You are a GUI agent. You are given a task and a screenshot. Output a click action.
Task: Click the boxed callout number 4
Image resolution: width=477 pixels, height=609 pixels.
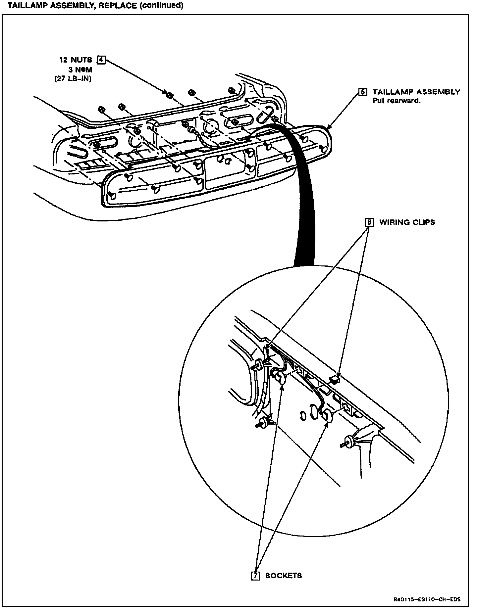pyautogui.click(x=101, y=60)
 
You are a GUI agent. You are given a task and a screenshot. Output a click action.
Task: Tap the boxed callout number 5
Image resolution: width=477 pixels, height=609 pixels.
pyautogui.click(x=363, y=92)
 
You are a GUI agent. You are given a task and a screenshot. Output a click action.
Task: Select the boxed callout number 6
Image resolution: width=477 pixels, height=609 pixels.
pyautogui.click(x=369, y=222)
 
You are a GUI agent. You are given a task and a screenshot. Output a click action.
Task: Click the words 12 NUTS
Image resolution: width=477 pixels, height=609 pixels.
pyautogui.click(x=76, y=60)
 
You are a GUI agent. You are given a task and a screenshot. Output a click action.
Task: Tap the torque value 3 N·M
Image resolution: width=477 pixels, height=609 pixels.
pyautogui.click(x=80, y=70)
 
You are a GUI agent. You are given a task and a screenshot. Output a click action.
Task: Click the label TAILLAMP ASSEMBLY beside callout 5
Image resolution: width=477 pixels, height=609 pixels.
pyautogui.click(x=416, y=92)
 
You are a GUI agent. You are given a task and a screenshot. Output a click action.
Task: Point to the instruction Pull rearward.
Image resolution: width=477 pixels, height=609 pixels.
pyautogui.click(x=397, y=101)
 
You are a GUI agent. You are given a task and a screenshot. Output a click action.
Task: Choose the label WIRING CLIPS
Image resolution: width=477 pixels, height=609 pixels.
pyautogui.click(x=407, y=222)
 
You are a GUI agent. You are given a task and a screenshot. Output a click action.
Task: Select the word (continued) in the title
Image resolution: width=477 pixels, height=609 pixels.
pyautogui.click(x=162, y=6)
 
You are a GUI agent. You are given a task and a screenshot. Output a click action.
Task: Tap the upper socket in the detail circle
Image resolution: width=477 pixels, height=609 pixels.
pyautogui.click(x=280, y=377)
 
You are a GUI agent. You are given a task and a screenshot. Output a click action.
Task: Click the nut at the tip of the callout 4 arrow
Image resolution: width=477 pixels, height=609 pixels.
pyautogui.click(x=170, y=95)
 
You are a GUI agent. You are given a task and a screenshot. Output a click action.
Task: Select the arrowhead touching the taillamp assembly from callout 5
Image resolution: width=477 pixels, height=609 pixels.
pyautogui.click(x=328, y=128)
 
